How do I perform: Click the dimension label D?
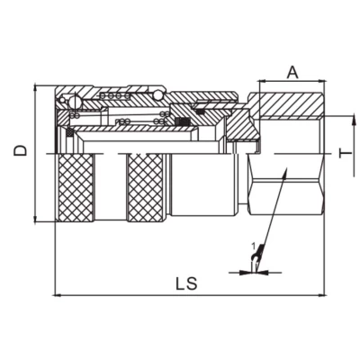pos(20,150)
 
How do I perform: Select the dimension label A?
pos(292,73)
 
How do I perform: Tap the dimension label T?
pos(346,154)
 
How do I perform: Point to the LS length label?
pos(186,283)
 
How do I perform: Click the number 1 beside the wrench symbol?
pos(253,247)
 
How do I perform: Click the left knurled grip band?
pos(76,188)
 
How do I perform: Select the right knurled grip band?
pos(146,188)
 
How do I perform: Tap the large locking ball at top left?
pos(75,102)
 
